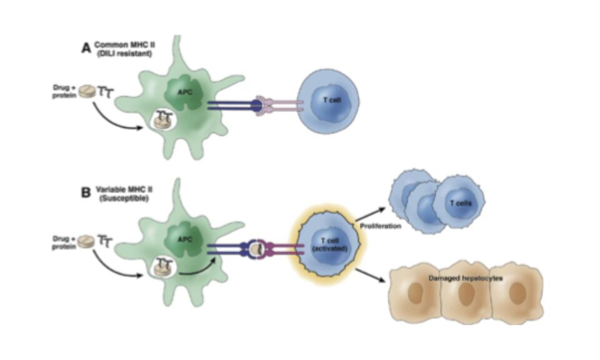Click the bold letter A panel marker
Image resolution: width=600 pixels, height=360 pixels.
[x=86, y=49]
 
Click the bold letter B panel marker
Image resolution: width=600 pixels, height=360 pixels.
[x=86, y=191]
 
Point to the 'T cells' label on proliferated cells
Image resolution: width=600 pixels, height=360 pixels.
[x=459, y=204]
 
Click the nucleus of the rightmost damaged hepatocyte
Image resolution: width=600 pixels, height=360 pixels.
[x=517, y=294]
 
